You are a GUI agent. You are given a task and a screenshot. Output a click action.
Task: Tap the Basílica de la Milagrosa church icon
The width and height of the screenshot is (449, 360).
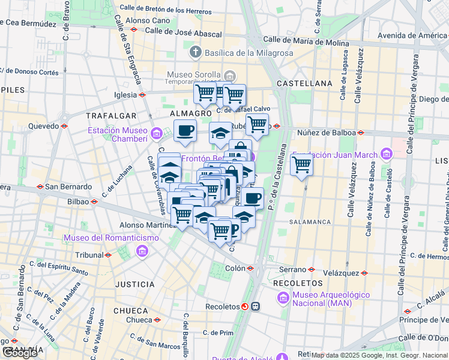194,53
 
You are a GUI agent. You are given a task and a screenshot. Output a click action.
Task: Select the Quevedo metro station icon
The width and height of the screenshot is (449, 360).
64,126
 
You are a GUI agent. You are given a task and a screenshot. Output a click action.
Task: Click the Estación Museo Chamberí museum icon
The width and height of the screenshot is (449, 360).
156,133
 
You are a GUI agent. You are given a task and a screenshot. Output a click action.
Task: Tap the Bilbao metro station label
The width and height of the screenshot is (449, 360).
78,202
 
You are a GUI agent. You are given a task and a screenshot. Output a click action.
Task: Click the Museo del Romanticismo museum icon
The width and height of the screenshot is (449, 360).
142,250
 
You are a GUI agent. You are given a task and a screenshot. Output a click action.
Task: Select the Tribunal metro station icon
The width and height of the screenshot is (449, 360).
108,255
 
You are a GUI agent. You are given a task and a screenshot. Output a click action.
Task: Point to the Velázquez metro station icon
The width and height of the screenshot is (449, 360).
364,272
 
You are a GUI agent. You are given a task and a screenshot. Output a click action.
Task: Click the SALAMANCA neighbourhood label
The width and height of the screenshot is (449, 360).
310,222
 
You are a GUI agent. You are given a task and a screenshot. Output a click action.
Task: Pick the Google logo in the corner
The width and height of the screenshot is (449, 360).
20,352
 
